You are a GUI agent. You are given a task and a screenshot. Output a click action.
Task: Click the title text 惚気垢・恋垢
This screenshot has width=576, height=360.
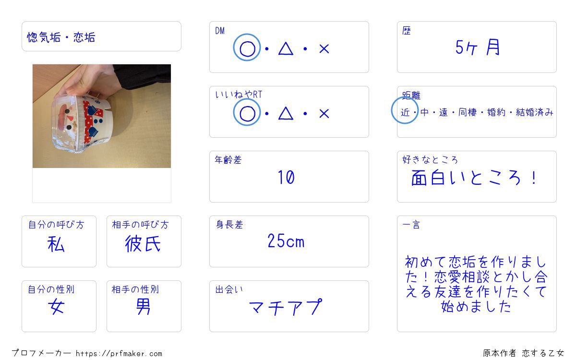pos(61,37)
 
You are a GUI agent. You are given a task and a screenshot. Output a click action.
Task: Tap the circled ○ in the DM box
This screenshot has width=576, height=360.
pos(247,48)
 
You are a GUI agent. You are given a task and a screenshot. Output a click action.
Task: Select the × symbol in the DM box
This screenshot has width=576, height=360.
pos(324,48)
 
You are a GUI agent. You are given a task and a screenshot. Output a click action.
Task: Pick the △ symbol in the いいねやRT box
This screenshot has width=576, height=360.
pos(286,113)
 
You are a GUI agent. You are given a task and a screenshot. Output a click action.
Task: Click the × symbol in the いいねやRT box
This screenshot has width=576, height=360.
pos(324,113)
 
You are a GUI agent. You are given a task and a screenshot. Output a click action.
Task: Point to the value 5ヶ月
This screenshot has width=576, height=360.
pos(478,48)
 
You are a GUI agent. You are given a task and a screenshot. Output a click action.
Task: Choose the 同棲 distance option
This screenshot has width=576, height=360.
pos(468,112)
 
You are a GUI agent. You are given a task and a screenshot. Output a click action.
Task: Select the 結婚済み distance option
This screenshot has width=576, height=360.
pos(534,112)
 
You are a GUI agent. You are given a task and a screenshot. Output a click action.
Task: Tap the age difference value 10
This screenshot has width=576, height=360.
pos(286,177)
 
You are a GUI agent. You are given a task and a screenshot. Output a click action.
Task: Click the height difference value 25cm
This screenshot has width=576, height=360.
pos(286,241)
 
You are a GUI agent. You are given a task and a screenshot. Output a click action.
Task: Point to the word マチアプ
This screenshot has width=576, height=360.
pos(286,307)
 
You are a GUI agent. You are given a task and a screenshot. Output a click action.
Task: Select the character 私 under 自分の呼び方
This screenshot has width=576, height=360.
pos(56,244)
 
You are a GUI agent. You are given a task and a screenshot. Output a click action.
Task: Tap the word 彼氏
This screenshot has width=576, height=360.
pos(143,243)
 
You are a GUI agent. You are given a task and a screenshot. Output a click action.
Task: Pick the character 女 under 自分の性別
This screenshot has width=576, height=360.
pos(56,306)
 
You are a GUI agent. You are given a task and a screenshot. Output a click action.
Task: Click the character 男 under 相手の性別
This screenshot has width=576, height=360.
pos(143,306)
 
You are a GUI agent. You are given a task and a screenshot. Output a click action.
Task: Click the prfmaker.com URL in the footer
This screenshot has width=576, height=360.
pos(119,353)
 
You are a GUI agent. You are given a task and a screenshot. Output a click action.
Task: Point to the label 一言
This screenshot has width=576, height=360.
pos(411,225)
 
